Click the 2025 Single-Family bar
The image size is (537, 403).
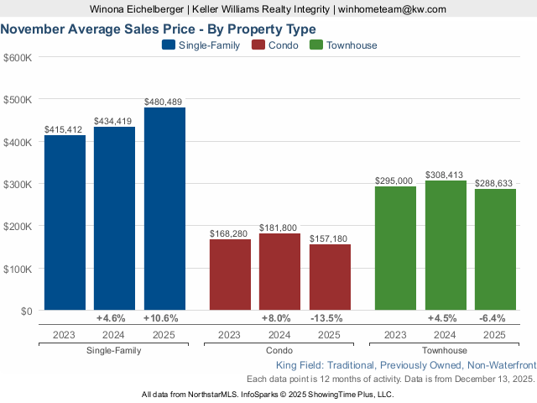click(164, 209)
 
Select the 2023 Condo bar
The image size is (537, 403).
click(230, 275)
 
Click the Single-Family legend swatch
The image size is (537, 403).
click(168, 45)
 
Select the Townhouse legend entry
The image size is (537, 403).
click(343, 45)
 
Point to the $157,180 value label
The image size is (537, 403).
click(330, 238)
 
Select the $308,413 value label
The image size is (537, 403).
click(446, 175)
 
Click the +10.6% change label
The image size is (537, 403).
click(160, 319)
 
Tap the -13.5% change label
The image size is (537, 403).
click(326, 319)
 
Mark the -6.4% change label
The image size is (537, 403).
click(491, 319)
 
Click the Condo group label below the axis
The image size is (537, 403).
click(279, 350)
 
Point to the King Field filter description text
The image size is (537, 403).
click(405, 365)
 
